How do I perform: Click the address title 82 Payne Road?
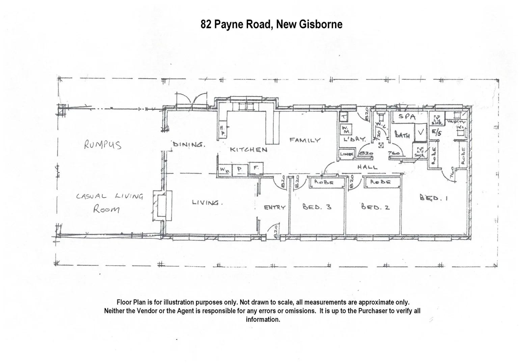pos(271,24)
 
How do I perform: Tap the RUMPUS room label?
pos(103,145)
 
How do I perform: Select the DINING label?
pos(189,145)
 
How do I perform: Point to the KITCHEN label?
pos(249,149)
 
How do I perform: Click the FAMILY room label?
pos(305,140)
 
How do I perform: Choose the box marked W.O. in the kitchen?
pos(224,169)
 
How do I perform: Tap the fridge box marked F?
pos(256,168)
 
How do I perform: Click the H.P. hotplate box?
pos(222,130)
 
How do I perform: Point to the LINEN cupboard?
pos(346,154)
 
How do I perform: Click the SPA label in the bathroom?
pos(407,117)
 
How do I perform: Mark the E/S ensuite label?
pos(436,133)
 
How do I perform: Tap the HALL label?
pos(367,167)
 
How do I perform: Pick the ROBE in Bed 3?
pos(324,182)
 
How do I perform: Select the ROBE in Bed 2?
pos(380,182)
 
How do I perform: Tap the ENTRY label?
pos(274,207)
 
